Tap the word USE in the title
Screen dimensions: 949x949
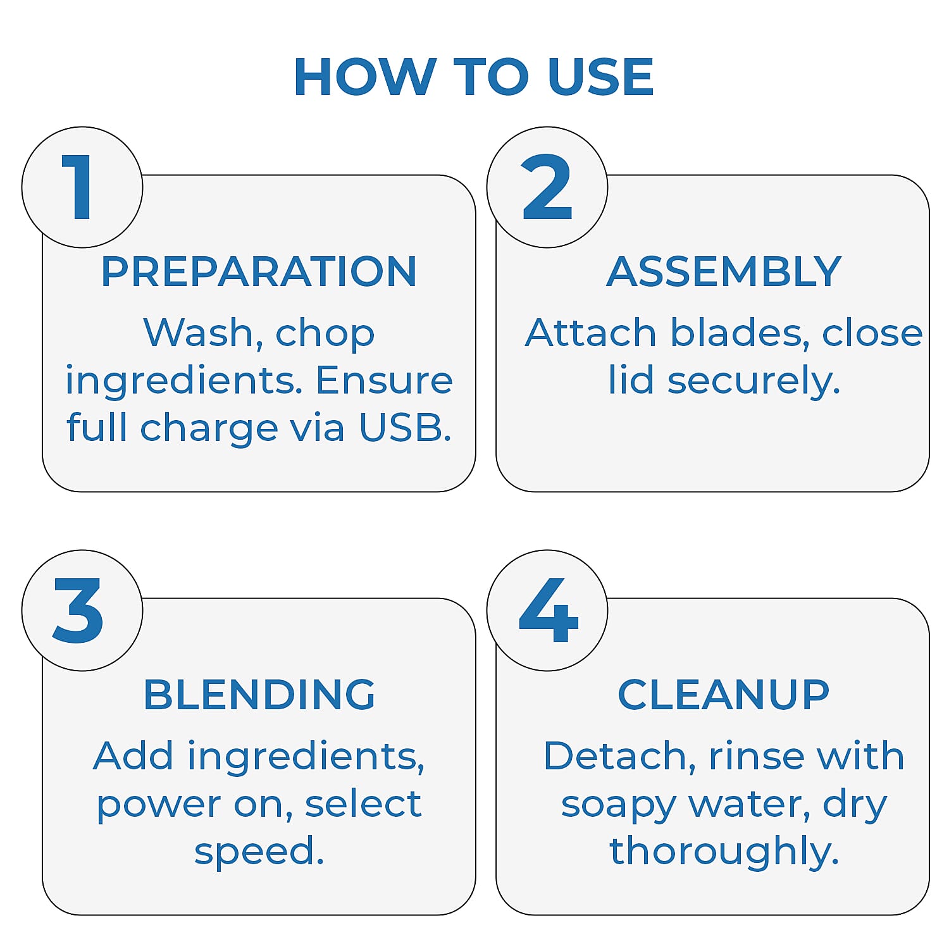(x=601, y=77)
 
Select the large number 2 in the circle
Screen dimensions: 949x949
(x=547, y=187)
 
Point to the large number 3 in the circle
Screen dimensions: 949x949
(x=78, y=611)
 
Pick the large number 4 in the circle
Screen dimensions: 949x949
(x=549, y=610)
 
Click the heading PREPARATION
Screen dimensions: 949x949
(x=259, y=271)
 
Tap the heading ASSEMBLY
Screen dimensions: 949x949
(x=724, y=271)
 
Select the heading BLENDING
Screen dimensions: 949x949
(x=259, y=694)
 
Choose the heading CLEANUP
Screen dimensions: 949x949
(x=723, y=694)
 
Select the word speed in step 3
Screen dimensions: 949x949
(x=259, y=852)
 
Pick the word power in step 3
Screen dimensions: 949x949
(x=159, y=805)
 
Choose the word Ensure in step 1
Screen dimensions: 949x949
(x=384, y=380)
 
